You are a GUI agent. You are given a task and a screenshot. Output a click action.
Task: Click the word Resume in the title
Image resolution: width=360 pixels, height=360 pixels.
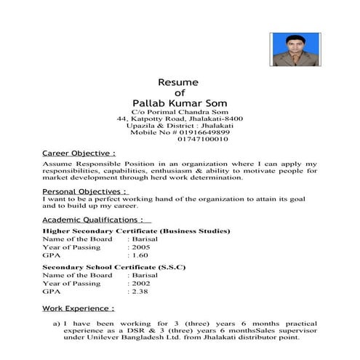pos(178,82)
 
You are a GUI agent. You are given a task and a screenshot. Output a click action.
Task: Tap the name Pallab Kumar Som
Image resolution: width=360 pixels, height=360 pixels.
pos(179,103)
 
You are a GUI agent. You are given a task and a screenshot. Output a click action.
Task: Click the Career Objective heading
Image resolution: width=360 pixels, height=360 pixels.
pos(79,154)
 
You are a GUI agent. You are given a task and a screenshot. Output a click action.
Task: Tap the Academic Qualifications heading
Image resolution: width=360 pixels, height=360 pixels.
pos(97,219)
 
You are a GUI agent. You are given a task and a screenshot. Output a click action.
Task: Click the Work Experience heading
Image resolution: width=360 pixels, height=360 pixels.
pos(78,308)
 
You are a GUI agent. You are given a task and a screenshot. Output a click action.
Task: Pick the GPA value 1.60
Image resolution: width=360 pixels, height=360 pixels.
pos(140,256)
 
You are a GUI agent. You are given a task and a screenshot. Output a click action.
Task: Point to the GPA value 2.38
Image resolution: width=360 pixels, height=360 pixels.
pos(140,292)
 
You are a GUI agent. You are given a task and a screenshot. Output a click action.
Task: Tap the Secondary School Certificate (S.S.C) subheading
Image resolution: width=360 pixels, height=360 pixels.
pos(114,267)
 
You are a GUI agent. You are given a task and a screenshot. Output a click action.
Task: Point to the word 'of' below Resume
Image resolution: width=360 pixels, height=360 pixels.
pos(179,92)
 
